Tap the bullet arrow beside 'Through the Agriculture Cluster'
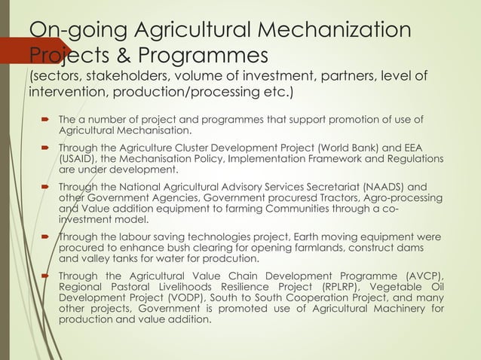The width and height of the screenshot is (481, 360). click(47, 148)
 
